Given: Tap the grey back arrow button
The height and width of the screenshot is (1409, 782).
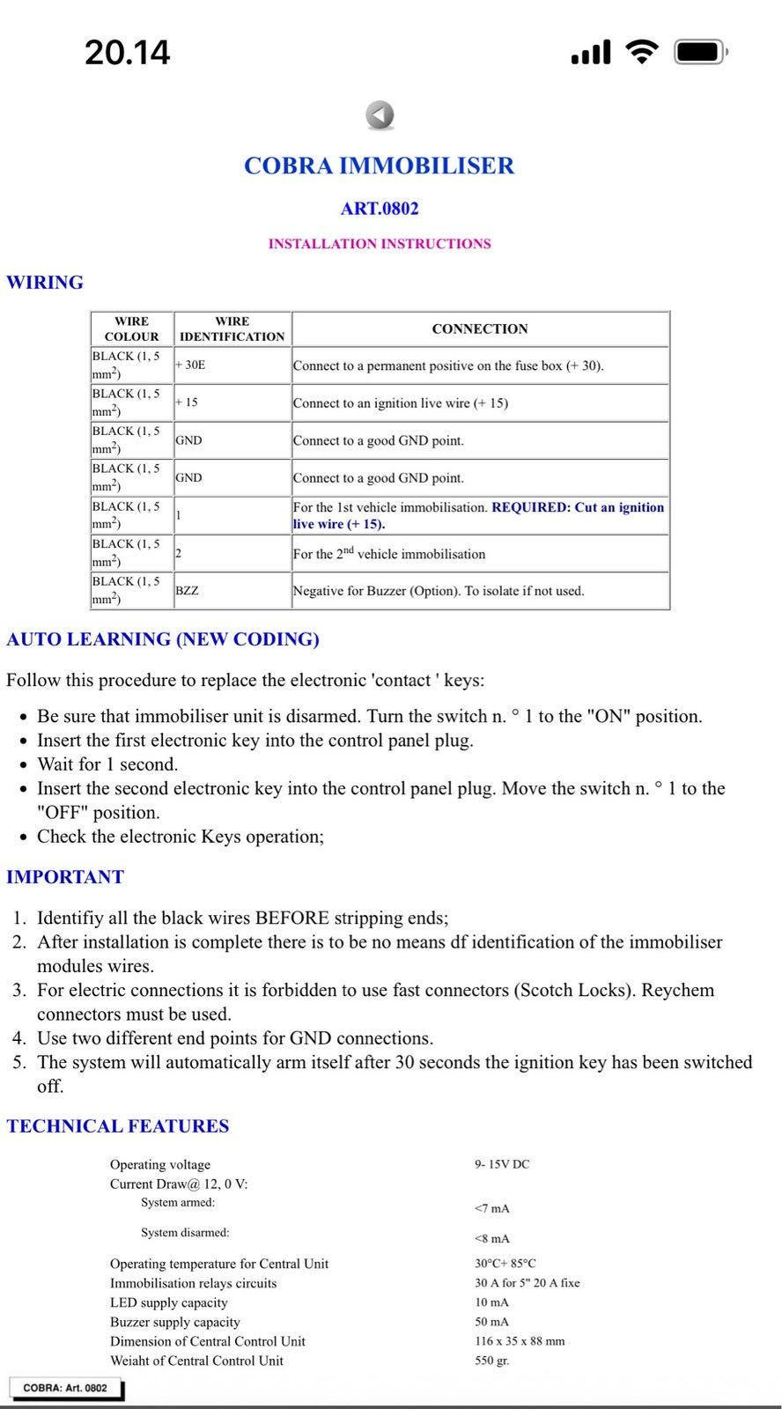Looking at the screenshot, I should point(380,115).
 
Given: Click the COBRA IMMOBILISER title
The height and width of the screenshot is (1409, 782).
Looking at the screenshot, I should point(379,166).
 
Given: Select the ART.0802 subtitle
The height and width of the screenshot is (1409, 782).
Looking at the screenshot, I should point(380,209).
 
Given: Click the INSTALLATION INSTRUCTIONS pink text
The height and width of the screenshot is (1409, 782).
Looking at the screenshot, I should point(380,244).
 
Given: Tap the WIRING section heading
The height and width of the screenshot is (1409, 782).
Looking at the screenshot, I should point(45,283).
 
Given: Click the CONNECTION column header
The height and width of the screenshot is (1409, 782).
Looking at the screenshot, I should point(480,329).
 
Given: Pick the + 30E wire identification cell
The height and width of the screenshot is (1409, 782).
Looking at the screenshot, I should point(190,365).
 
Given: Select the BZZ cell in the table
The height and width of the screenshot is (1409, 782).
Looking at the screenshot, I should point(187,591).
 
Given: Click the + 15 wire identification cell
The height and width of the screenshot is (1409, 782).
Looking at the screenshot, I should point(187,402).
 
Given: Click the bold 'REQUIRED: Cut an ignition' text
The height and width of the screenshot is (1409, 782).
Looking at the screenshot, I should point(578,507).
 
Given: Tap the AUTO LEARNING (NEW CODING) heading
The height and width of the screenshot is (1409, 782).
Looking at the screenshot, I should point(163,639).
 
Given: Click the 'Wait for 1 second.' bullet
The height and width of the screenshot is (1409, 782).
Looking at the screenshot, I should point(107,764).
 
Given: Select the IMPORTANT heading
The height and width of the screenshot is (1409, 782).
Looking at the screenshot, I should point(65,877).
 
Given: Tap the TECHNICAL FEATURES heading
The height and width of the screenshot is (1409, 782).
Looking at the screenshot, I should point(117,1126).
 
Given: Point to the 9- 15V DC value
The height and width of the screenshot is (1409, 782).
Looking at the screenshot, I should point(502,1164).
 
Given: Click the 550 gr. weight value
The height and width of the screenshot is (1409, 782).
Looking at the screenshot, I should point(492,1361).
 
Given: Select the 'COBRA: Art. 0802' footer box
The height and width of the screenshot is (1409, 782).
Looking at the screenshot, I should point(65,1388).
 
